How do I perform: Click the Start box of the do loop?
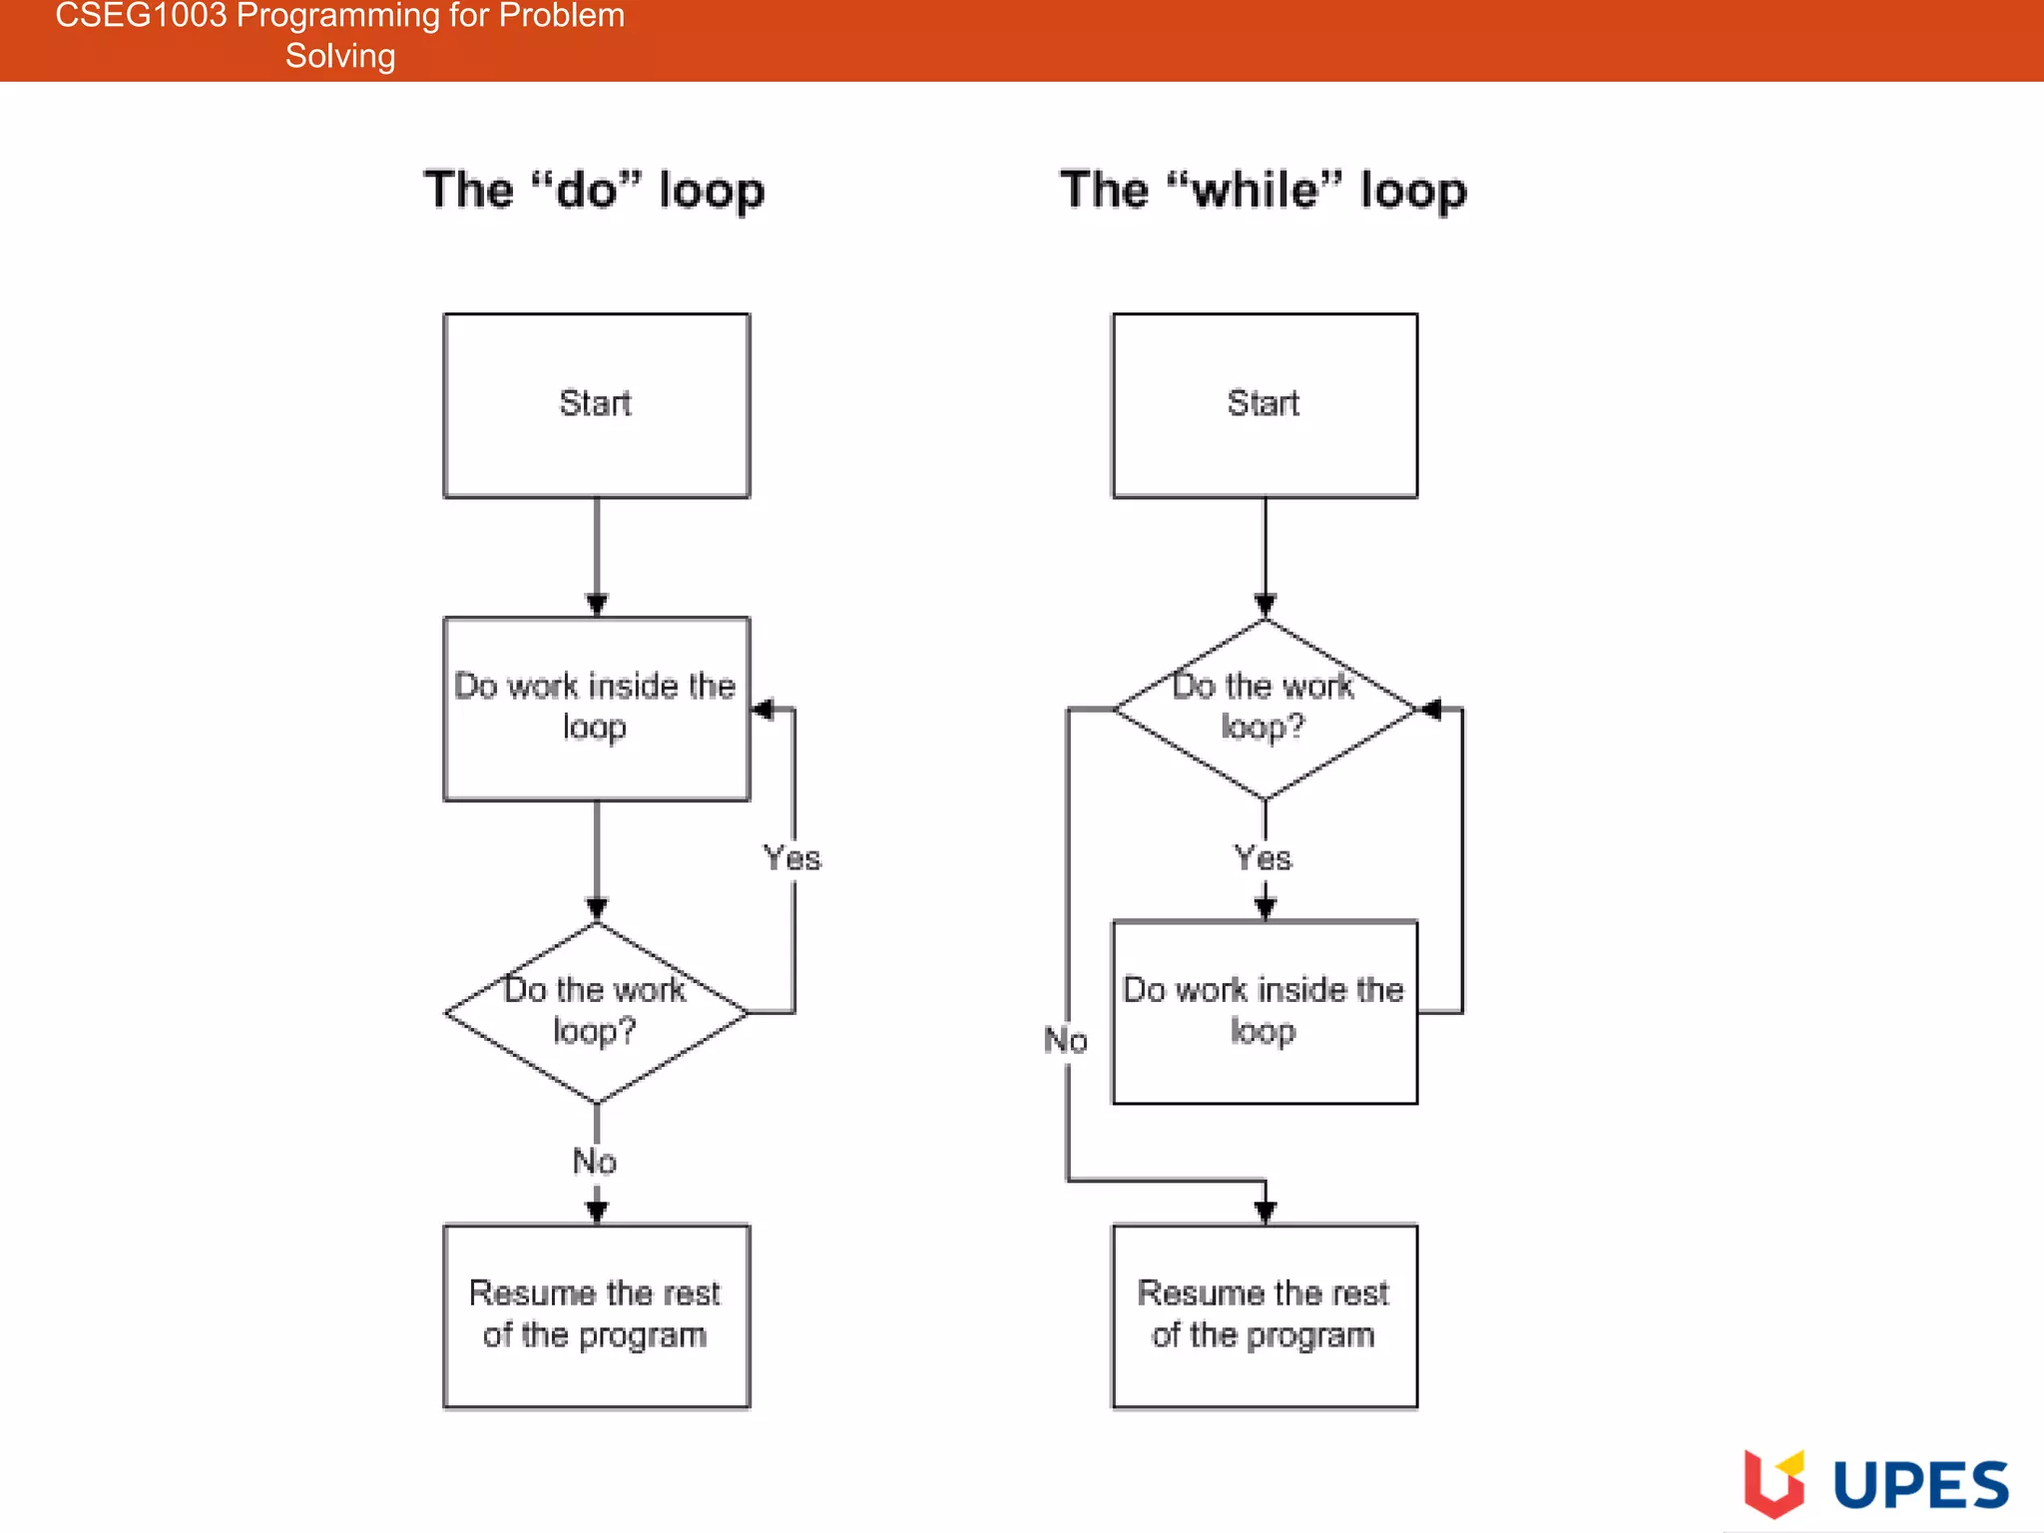coord(596,405)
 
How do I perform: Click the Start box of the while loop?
coord(1264,405)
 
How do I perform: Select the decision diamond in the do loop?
coord(596,1012)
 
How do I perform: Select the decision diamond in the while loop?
coord(1264,709)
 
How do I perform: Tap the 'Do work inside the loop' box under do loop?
coord(596,709)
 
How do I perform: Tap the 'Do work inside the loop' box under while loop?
coord(1264,1012)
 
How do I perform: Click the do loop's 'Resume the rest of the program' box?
coord(596,1315)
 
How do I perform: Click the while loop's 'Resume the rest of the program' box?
coord(1264,1315)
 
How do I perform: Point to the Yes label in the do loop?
coord(791,858)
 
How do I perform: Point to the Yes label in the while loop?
coord(1263,858)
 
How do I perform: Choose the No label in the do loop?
coord(595,1162)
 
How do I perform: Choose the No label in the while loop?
coord(1065,1041)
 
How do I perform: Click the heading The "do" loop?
coord(595,190)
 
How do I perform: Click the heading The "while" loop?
coord(1264,190)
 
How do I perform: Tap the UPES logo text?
coord(1920,1485)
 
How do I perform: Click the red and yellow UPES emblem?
coord(1774,1483)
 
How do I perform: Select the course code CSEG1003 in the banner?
coord(141,16)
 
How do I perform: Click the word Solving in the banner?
coord(340,56)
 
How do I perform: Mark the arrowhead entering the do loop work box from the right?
coord(763,710)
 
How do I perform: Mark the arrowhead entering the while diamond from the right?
coord(1430,710)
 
